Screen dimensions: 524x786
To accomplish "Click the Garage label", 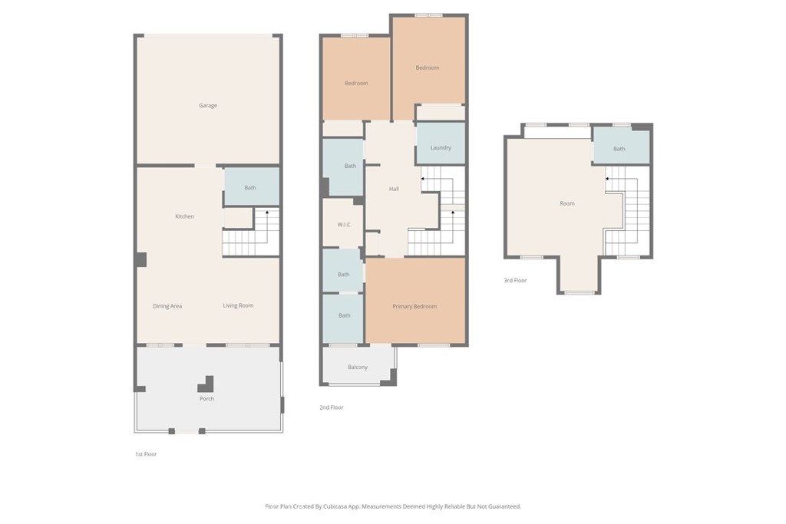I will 208,106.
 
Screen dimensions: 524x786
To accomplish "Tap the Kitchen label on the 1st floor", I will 184,216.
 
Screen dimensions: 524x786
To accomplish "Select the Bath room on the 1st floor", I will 250,188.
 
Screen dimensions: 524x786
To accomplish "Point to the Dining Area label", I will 167,306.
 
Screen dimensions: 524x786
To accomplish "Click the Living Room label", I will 238,305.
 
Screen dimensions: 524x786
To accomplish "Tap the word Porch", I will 206,399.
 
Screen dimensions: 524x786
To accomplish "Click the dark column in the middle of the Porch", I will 207,384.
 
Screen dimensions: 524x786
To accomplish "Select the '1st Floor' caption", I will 146,454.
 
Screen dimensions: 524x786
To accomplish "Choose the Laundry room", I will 441,147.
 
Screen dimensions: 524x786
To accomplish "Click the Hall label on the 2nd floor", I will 394,189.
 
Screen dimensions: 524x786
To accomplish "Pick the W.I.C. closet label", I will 344,224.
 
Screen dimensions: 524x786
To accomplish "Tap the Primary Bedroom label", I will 414,307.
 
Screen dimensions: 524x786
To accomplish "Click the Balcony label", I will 358,367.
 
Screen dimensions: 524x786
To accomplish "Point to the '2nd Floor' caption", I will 331,407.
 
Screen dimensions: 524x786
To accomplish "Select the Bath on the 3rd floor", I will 619,149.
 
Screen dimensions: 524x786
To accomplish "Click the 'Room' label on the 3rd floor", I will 566,203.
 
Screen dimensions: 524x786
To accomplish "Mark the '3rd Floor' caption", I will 515,281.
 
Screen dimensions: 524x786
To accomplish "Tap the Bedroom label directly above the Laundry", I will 428,68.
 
